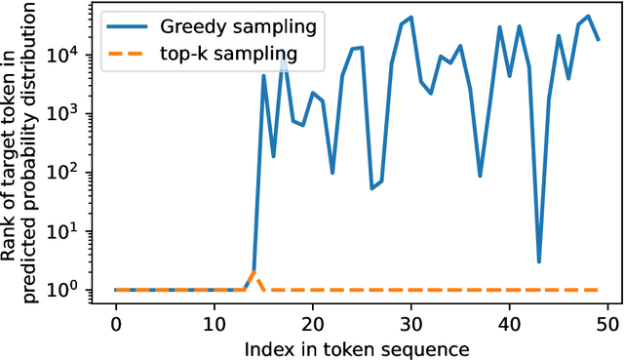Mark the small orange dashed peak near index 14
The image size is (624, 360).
coord(253,272)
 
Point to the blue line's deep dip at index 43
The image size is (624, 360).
coord(539,261)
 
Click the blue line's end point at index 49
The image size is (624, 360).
coord(598,40)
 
